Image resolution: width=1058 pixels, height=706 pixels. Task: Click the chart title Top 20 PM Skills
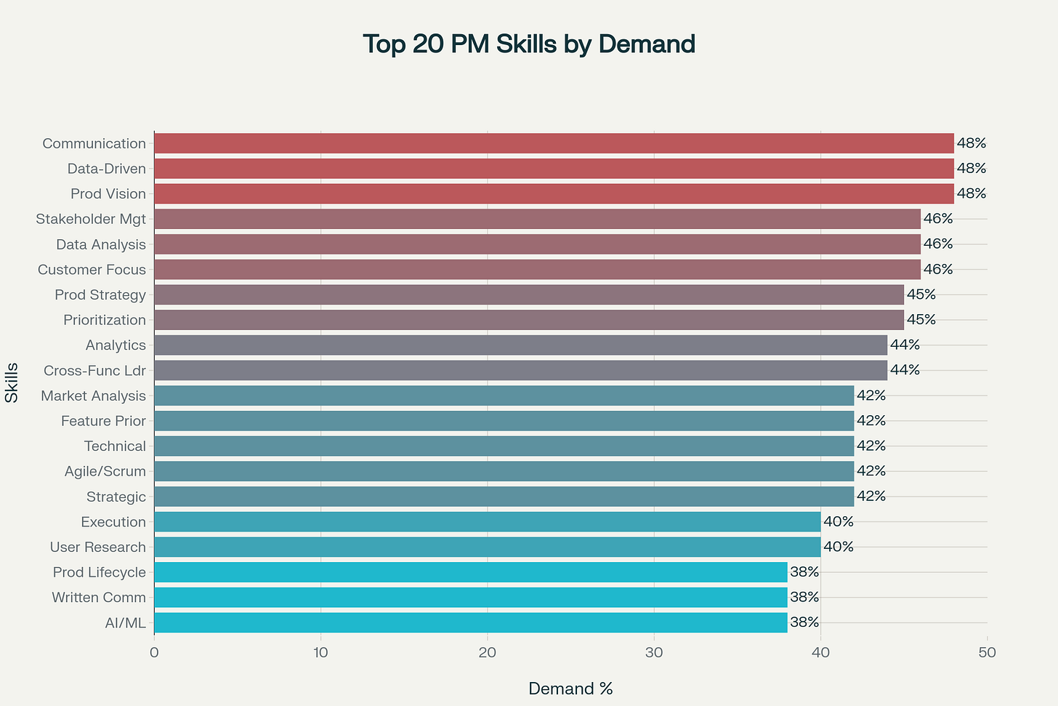[x=529, y=44]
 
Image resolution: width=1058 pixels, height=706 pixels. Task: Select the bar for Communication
[x=554, y=143]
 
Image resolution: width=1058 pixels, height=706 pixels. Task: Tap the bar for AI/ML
[x=470, y=622]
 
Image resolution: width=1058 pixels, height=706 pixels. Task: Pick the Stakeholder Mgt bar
[x=537, y=219]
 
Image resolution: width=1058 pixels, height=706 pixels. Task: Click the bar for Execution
[x=487, y=522]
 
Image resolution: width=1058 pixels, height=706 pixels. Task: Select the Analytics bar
[x=520, y=345]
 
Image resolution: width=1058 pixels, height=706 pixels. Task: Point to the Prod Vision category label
[x=108, y=194]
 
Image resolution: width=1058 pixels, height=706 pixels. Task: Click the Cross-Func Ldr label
[x=94, y=371]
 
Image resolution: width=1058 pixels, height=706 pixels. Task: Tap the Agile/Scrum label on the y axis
[x=105, y=472]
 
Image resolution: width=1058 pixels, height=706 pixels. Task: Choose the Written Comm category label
[x=99, y=598]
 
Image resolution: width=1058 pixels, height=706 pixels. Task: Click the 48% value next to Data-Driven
[x=971, y=169]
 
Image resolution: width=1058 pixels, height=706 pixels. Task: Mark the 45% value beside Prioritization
[x=921, y=320]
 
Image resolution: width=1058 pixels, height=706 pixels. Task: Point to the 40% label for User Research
[x=838, y=547]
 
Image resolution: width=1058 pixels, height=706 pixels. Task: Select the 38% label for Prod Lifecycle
[x=804, y=572]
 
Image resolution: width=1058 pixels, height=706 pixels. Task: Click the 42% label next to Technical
[x=871, y=446]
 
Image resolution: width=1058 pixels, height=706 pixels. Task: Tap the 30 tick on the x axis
[x=654, y=653]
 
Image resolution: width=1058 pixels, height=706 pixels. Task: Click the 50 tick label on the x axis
[x=987, y=653]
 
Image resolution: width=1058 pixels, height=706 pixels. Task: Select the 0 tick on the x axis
[x=154, y=653]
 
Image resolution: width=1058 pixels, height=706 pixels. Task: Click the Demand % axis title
[x=570, y=689]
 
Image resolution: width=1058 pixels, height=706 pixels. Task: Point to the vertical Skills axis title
[x=12, y=382]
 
